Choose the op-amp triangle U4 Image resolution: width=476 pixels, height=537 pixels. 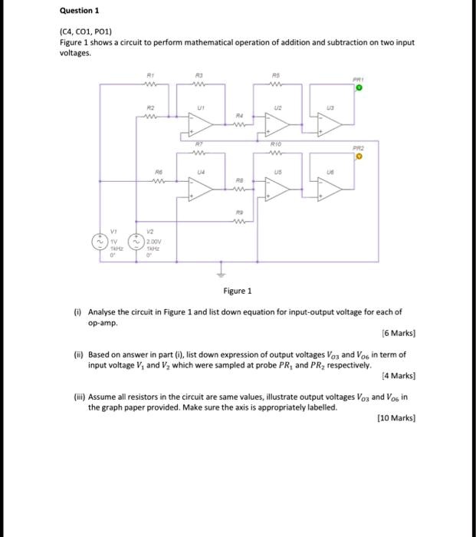[202, 192]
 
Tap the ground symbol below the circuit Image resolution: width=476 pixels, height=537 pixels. [225, 272]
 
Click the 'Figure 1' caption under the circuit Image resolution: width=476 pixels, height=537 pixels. [237, 291]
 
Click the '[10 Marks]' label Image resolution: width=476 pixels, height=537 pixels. [396, 419]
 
